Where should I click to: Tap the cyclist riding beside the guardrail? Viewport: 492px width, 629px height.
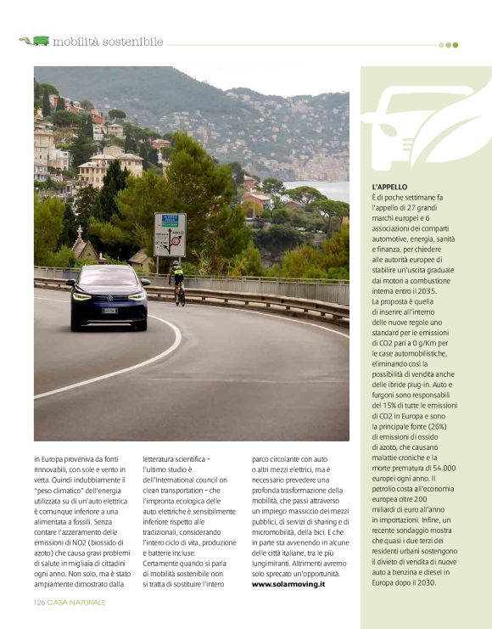pyautogui.click(x=177, y=282)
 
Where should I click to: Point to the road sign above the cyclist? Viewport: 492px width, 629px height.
pyautogui.click(x=170, y=235)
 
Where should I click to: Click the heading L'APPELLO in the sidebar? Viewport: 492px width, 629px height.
pyautogui.click(x=389, y=186)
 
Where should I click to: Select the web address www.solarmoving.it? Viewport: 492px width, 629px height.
pyautogui.click(x=288, y=584)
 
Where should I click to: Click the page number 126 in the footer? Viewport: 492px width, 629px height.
pyautogui.click(x=39, y=602)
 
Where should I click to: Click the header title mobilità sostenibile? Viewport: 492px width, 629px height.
pyautogui.click(x=108, y=41)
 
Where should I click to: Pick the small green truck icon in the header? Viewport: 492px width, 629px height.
pyautogui.click(x=40, y=41)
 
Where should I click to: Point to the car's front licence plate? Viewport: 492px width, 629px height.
pyautogui.click(x=109, y=311)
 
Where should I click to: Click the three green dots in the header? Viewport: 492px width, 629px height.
pyautogui.click(x=448, y=45)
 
